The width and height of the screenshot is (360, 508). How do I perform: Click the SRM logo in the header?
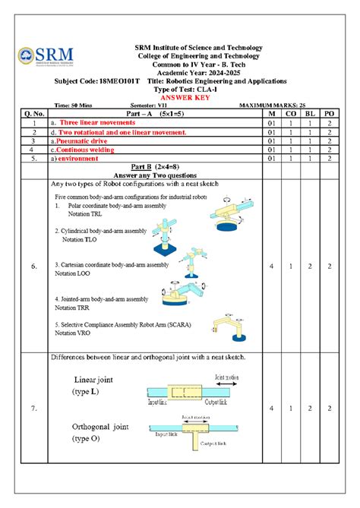[46, 55]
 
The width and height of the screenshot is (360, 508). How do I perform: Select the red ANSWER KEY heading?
[180, 97]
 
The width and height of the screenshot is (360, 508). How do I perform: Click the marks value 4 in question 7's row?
[271, 409]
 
